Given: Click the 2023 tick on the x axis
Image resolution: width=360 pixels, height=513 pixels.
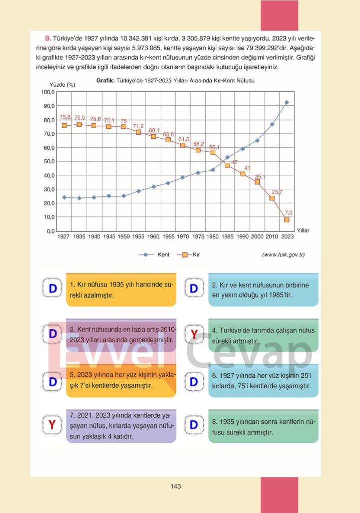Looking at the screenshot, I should coord(287,236).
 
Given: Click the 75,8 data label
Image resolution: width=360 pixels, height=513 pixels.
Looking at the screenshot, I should coord(65,117).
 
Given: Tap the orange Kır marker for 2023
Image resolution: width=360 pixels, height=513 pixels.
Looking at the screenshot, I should coord(287,220).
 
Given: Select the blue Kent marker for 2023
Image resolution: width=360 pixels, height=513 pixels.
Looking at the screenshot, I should coord(287,102).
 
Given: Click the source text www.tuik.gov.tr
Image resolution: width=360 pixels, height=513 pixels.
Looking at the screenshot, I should coord(283,255).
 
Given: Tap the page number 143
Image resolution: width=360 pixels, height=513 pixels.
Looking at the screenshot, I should coord(175,486).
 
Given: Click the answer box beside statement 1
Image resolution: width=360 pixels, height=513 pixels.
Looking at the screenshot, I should coord(52,289).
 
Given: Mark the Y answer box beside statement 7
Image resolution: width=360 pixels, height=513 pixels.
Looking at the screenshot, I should coord(52,425).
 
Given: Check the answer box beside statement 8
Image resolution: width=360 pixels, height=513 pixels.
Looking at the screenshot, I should coord(194,425).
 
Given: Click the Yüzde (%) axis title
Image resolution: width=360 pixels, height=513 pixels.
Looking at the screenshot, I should coord(62,85).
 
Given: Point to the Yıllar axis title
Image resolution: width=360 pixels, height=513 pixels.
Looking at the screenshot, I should coord(303,230).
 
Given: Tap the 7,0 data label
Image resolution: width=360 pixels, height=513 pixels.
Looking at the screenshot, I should coord(288,212).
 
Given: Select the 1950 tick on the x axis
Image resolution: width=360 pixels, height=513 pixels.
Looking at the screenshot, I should coord(124,236).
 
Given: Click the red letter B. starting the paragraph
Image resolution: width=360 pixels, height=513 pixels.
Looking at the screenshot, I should coord(48,38).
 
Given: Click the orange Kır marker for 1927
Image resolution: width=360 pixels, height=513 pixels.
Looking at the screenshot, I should coord(64,125).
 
